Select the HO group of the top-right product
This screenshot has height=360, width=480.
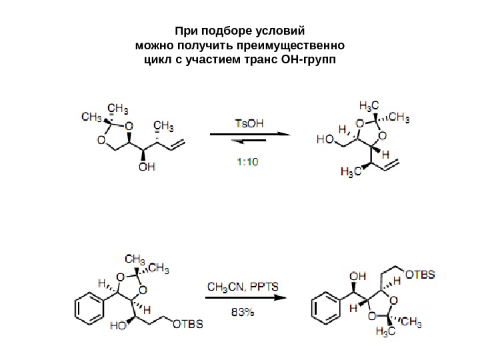click(325, 140)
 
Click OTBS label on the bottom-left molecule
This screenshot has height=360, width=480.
click(188, 325)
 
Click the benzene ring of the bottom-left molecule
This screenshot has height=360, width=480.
click(86, 307)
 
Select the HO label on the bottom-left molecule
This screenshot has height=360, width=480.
click(119, 327)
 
